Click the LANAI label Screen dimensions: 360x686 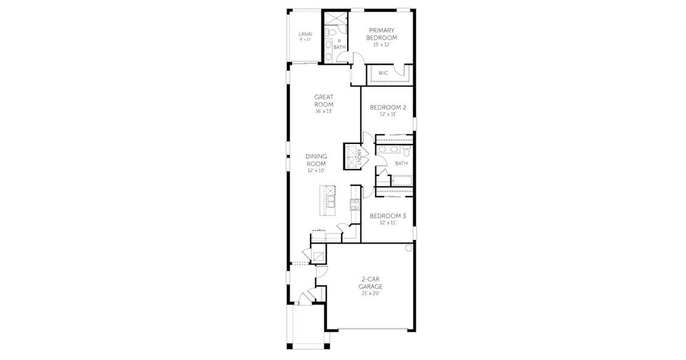tap(305, 34)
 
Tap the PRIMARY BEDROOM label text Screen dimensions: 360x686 tap(383, 34)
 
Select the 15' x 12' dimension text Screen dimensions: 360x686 tap(383, 44)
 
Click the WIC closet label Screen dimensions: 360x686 tap(383, 73)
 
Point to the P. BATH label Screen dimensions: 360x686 tap(340, 44)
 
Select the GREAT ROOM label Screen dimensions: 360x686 tap(324, 100)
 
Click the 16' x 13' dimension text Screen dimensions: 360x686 tap(324, 111)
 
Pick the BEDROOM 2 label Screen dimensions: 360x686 tap(387, 107)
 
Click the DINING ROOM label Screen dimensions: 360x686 tap(316, 160)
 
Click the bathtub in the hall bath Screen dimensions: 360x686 tap(401, 179)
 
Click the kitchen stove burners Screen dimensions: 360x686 tap(354, 204)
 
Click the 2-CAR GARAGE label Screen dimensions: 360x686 tap(372, 283)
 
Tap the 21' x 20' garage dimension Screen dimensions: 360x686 tap(372, 293)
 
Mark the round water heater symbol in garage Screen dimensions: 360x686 tap(408, 248)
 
